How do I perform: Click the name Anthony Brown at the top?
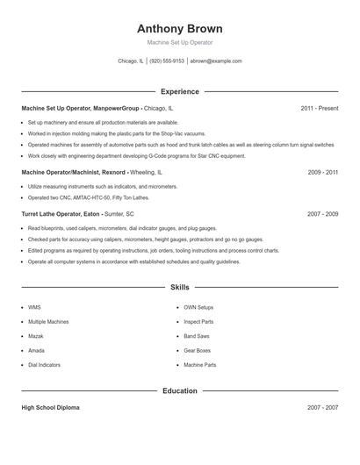coord(180,28)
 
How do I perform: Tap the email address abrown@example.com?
coord(216,61)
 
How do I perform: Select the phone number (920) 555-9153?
coord(167,61)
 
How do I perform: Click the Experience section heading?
coord(180,91)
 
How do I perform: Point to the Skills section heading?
coord(180,287)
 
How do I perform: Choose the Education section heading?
coord(180,390)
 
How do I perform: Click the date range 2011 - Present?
coord(319,109)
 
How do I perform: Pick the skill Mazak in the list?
coord(37,336)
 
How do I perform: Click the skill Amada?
coord(37,350)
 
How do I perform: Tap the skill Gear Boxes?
coord(198,350)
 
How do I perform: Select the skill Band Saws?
coord(197,336)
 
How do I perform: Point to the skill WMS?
coord(34,308)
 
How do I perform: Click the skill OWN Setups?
coord(198,308)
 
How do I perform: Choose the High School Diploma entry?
coord(51,408)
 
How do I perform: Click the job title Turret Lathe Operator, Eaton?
coord(61,213)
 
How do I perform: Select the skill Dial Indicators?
coord(45,364)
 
